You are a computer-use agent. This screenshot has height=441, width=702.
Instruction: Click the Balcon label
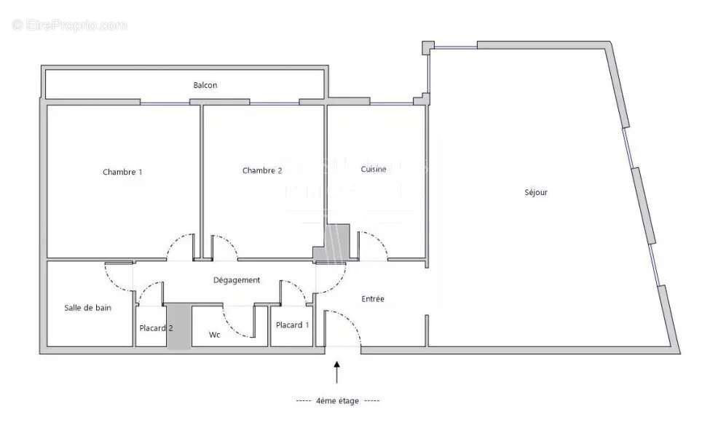point(205,85)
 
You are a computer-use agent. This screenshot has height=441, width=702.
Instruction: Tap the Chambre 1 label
point(122,172)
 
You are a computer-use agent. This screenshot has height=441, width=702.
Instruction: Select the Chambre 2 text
point(262,170)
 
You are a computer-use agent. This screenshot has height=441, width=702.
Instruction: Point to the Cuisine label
point(374,169)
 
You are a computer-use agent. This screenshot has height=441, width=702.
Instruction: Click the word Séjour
point(535,193)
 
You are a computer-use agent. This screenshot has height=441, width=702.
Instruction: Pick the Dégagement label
point(236,280)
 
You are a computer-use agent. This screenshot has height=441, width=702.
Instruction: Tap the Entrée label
point(373,299)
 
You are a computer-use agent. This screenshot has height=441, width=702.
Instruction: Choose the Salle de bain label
point(87,308)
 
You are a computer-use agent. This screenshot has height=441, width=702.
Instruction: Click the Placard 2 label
point(156,328)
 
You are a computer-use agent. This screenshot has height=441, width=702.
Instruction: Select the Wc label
point(215,335)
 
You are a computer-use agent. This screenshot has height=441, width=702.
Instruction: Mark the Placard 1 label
point(292,325)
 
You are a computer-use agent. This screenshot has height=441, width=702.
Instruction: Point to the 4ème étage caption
point(338,401)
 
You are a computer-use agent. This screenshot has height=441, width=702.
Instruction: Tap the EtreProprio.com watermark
point(70,25)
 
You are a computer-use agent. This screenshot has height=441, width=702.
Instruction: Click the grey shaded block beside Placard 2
point(178,327)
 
